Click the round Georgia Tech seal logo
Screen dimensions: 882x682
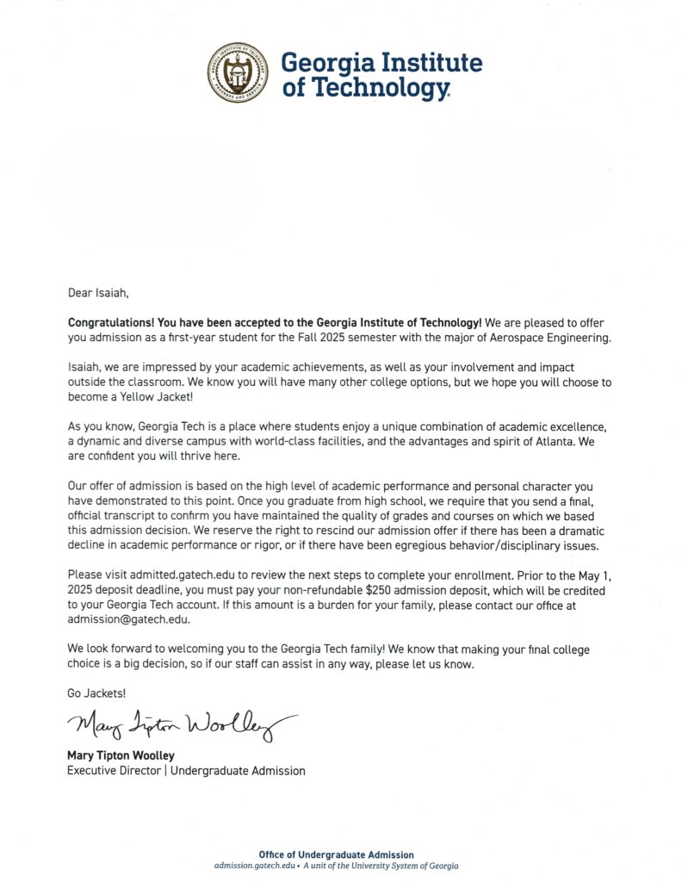(238, 72)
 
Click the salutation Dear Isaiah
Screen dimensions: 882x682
(97, 293)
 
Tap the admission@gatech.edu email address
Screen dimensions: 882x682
(128, 619)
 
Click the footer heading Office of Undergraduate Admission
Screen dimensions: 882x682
(336, 854)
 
